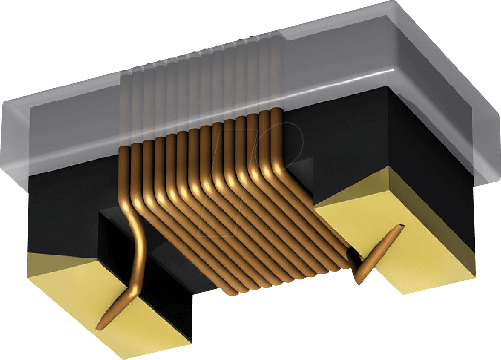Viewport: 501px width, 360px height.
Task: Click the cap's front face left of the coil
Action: (x=72, y=140)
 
